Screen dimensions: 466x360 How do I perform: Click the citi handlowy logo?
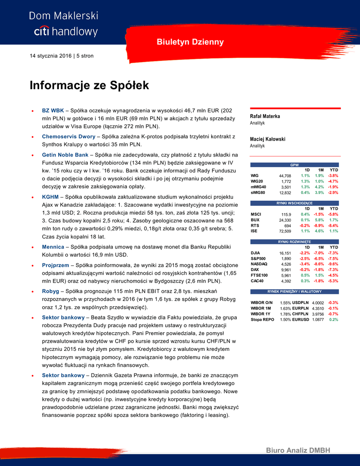pyautogui.click(x=66, y=31)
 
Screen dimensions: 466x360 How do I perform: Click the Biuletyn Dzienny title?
pyautogui.click(x=190, y=42)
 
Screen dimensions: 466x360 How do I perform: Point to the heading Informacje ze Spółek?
pyautogui.click(x=89, y=85)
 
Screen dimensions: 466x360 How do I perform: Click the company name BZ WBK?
pyautogui.click(x=53, y=110)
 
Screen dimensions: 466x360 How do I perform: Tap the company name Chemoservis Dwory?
pyautogui.click(x=69, y=136)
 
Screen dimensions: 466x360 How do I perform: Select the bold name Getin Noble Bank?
pyautogui.click(x=65, y=155)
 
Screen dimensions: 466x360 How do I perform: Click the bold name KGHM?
pyautogui.click(x=51, y=197)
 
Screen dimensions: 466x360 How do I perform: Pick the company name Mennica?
pyautogui.click(x=53, y=247)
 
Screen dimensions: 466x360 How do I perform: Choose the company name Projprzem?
pyautogui.click(x=56, y=265)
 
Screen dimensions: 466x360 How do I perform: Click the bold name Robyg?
pyautogui.click(x=51, y=290)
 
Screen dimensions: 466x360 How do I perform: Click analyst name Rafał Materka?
pyautogui.click(x=265, y=116)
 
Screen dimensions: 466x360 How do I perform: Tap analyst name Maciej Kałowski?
pyautogui.click(x=268, y=139)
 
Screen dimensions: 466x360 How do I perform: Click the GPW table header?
pyautogui.click(x=294, y=165)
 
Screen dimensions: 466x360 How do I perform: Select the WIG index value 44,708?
pyautogui.click(x=285, y=176)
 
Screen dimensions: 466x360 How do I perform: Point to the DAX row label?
pyautogui.click(x=255, y=270)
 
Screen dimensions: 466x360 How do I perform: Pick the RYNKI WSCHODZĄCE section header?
pyautogui.click(x=294, y=203)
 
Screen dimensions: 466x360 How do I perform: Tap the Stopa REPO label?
pyautogui.click(x=262, y=320)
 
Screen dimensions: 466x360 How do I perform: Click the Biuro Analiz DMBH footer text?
pyautogui.click(x=298, y=451)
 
